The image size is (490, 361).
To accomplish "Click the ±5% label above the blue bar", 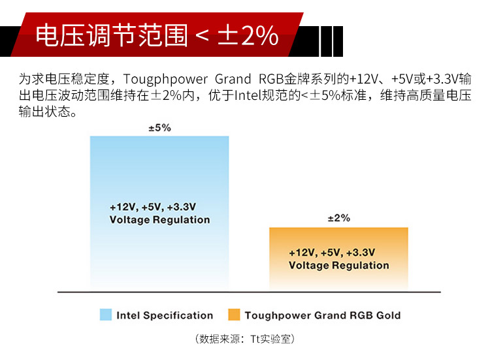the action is click(159, 128).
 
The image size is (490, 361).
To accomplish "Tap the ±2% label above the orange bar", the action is click(339, 217).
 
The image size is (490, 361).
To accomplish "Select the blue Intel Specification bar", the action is click(159, 213).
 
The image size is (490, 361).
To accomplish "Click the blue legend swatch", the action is click(106, 315).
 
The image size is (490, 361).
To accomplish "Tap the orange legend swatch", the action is click(234, 315).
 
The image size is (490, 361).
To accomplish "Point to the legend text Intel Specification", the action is click(165, 315).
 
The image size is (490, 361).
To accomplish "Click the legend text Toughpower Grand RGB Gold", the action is click(323, 315).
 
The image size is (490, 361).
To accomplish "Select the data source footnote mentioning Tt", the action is click(245, 339).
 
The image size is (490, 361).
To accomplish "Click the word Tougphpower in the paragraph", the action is click(165, 80).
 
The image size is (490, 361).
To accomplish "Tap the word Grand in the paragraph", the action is click(233, 79).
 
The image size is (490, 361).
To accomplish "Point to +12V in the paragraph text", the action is click(363, 79).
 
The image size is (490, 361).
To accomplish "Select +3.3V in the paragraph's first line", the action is click(442, 79).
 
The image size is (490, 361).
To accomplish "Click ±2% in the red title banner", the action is click(248, 35).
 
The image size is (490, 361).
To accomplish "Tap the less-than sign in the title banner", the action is click(203, 36).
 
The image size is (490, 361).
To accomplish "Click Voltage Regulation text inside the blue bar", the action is click(159, 220).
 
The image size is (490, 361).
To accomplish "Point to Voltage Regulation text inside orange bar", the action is click(339, 266).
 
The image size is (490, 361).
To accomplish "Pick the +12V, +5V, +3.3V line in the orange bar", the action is click(332, 253).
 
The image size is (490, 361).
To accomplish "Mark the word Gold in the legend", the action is click(389, 315).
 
